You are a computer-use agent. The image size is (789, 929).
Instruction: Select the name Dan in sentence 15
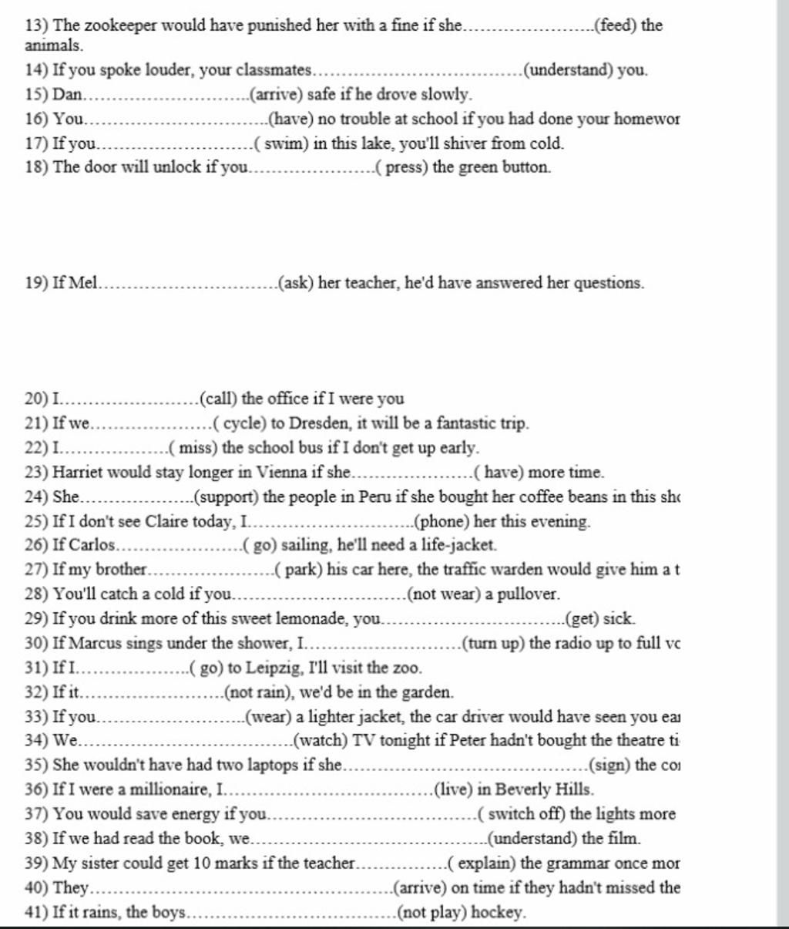tap(67, 95)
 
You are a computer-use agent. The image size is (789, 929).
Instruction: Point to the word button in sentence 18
tap(526, 167)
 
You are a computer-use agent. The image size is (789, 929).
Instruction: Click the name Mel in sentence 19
tap(84, 283)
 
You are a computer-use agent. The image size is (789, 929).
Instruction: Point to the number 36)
tap(36, 789)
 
